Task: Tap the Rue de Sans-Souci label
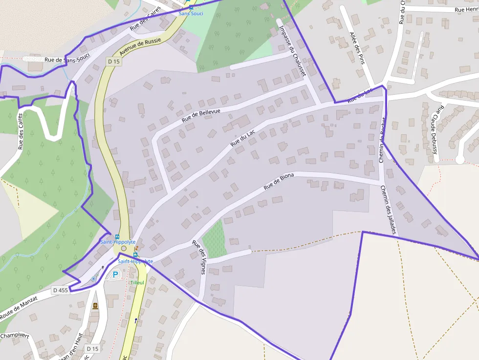coord(67,60)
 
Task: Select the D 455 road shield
coord(61,290)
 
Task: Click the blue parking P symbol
coord(115,275)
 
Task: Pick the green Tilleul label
coord(137,283)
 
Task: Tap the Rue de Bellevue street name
coord(201,115)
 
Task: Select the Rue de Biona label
coord(279,182)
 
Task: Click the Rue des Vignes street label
coord(199,257)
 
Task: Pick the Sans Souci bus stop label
coord(191,13)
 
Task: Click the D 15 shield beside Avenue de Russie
coord(114,62)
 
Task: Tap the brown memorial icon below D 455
coord(95,306)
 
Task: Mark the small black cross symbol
coord(103,267)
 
